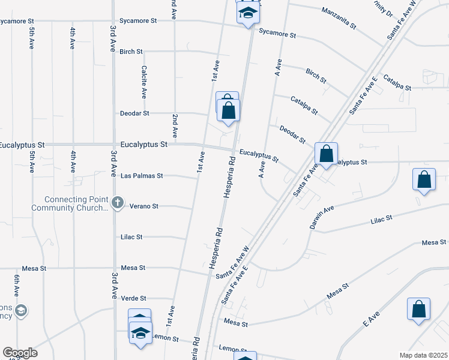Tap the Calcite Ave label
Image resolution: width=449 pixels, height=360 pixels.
(x=144, y=82)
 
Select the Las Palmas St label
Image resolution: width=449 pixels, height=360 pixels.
(x=142, y=176)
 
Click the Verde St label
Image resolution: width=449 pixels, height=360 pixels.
(x=134, y=298)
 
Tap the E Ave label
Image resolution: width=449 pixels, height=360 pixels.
(x=372, y=319)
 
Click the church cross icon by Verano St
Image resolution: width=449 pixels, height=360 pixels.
(x=118, y=203)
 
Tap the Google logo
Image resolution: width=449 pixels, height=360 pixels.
(x=20, y=352)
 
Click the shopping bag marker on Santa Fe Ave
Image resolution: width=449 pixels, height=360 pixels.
(x=326, y=154)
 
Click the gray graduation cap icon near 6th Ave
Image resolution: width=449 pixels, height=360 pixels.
(x=21, y=310)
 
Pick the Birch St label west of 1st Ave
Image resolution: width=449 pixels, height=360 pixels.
(x=131, y=52)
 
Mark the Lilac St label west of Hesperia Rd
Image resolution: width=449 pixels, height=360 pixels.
(x=131, y=237)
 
